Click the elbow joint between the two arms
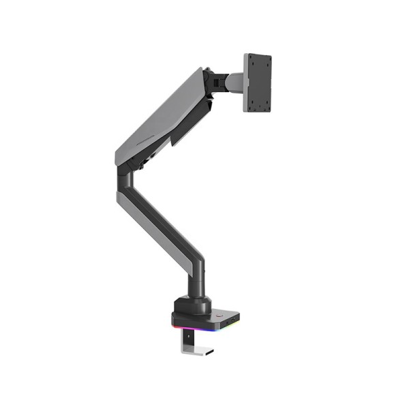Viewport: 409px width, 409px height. pyautogui.click(x=127, y=177)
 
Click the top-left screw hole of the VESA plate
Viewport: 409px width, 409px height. pyautogui.click(x=252, y=62)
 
